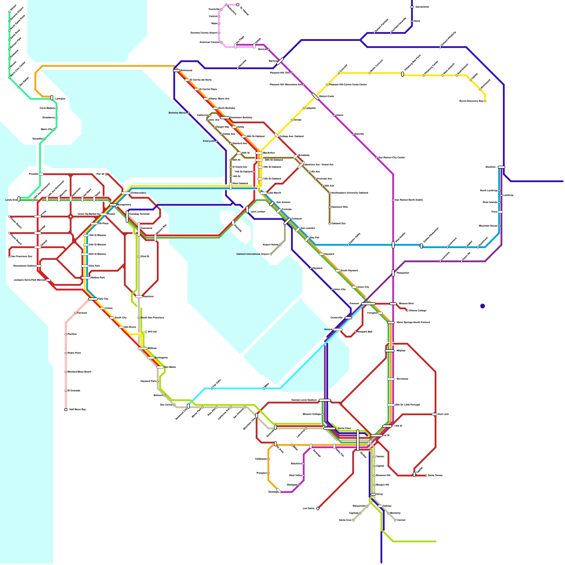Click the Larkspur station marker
coord(52,97)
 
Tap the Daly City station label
coord(103,299)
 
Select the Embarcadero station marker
coord(126,193)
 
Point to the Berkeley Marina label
coord(178,113)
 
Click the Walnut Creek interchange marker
coord(315,96)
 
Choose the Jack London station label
coord(258,212)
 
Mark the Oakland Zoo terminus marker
coord(329,224)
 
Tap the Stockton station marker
coord(501,167)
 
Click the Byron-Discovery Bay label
coord(471,101)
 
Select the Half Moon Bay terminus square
coord(66,410)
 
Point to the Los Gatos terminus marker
coord(318,509)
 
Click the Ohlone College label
coord(417,311)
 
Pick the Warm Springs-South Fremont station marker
coord(391,322)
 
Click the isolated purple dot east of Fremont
coord(482,306)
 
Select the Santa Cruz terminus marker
coord(353,520)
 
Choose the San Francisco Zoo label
coord(21,256)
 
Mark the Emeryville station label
coord(209,141)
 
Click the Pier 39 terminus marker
coord(106,174)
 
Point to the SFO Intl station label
coord(152,332)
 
